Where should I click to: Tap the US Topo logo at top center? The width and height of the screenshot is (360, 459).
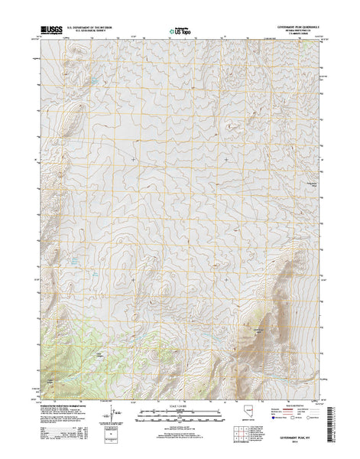180,32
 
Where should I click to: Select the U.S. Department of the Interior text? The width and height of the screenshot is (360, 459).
94,27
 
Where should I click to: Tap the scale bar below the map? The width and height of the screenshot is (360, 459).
180,415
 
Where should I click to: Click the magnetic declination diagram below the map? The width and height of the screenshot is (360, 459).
115,415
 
